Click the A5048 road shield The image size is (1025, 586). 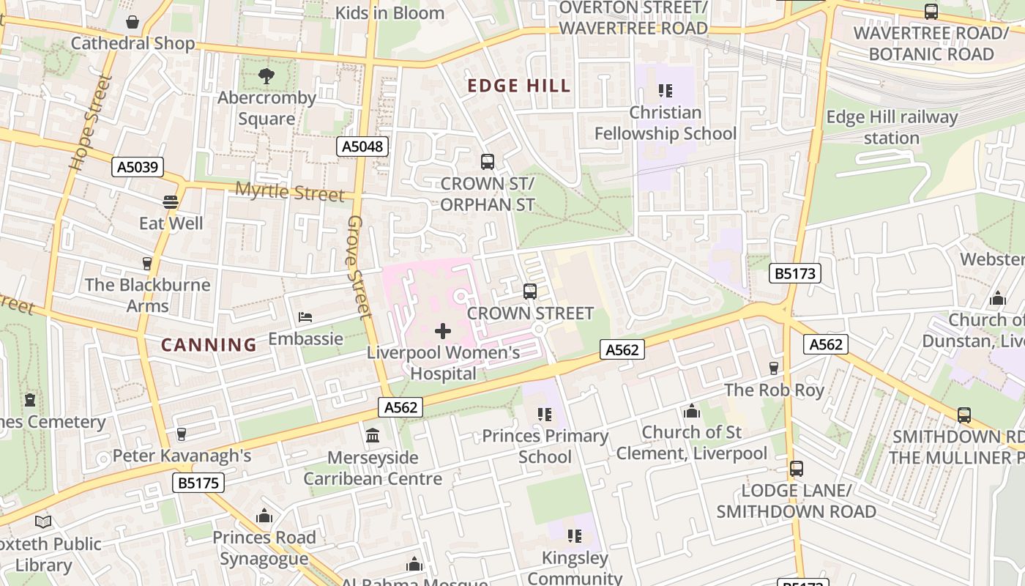point(362,146)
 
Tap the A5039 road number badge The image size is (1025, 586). point(138,167)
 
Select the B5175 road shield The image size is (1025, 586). point(198,483)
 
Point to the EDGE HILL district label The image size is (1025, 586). point(519,86)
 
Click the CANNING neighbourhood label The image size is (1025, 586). point(209,344)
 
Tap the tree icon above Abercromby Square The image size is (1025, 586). point(266,75)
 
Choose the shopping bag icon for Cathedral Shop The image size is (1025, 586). point(133,22)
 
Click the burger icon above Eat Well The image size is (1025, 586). point(171,201)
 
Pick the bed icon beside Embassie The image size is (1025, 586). point(305,317)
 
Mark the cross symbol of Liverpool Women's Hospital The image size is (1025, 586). point(443,331)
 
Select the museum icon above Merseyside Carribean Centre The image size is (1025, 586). point(373,436)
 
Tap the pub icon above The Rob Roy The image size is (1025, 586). point(774,368)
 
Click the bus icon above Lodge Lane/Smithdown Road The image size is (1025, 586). point(796,469)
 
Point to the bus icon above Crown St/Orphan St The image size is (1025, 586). point(487,162)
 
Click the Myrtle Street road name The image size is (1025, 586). point(289,192)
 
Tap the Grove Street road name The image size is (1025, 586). point(357,267)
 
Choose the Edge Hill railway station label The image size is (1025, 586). point(892,127)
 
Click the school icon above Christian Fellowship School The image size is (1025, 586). point(665,91)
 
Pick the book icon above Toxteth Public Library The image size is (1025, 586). point(43,522)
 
